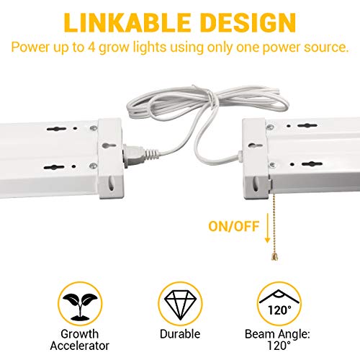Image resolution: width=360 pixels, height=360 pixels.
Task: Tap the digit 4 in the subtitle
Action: click(91, 47)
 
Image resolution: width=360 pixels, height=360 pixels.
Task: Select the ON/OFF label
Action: click(234, 226)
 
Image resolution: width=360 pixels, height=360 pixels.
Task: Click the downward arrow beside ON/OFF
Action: click(267, 228)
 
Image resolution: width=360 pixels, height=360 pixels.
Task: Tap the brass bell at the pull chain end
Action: click(275, 257)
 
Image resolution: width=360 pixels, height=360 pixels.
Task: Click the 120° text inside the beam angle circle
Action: click(279, 310)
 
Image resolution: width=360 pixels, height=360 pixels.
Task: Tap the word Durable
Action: click(180, 334)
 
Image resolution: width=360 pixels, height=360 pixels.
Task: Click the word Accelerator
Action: click(80, 346)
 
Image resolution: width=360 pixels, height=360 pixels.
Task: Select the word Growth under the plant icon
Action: click(80, 334)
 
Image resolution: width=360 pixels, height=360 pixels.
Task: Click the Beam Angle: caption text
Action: click(277, 334)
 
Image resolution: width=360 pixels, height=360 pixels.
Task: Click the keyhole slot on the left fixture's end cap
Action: click(109, 145)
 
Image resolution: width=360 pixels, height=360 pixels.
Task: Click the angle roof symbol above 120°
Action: click(279, 297)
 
